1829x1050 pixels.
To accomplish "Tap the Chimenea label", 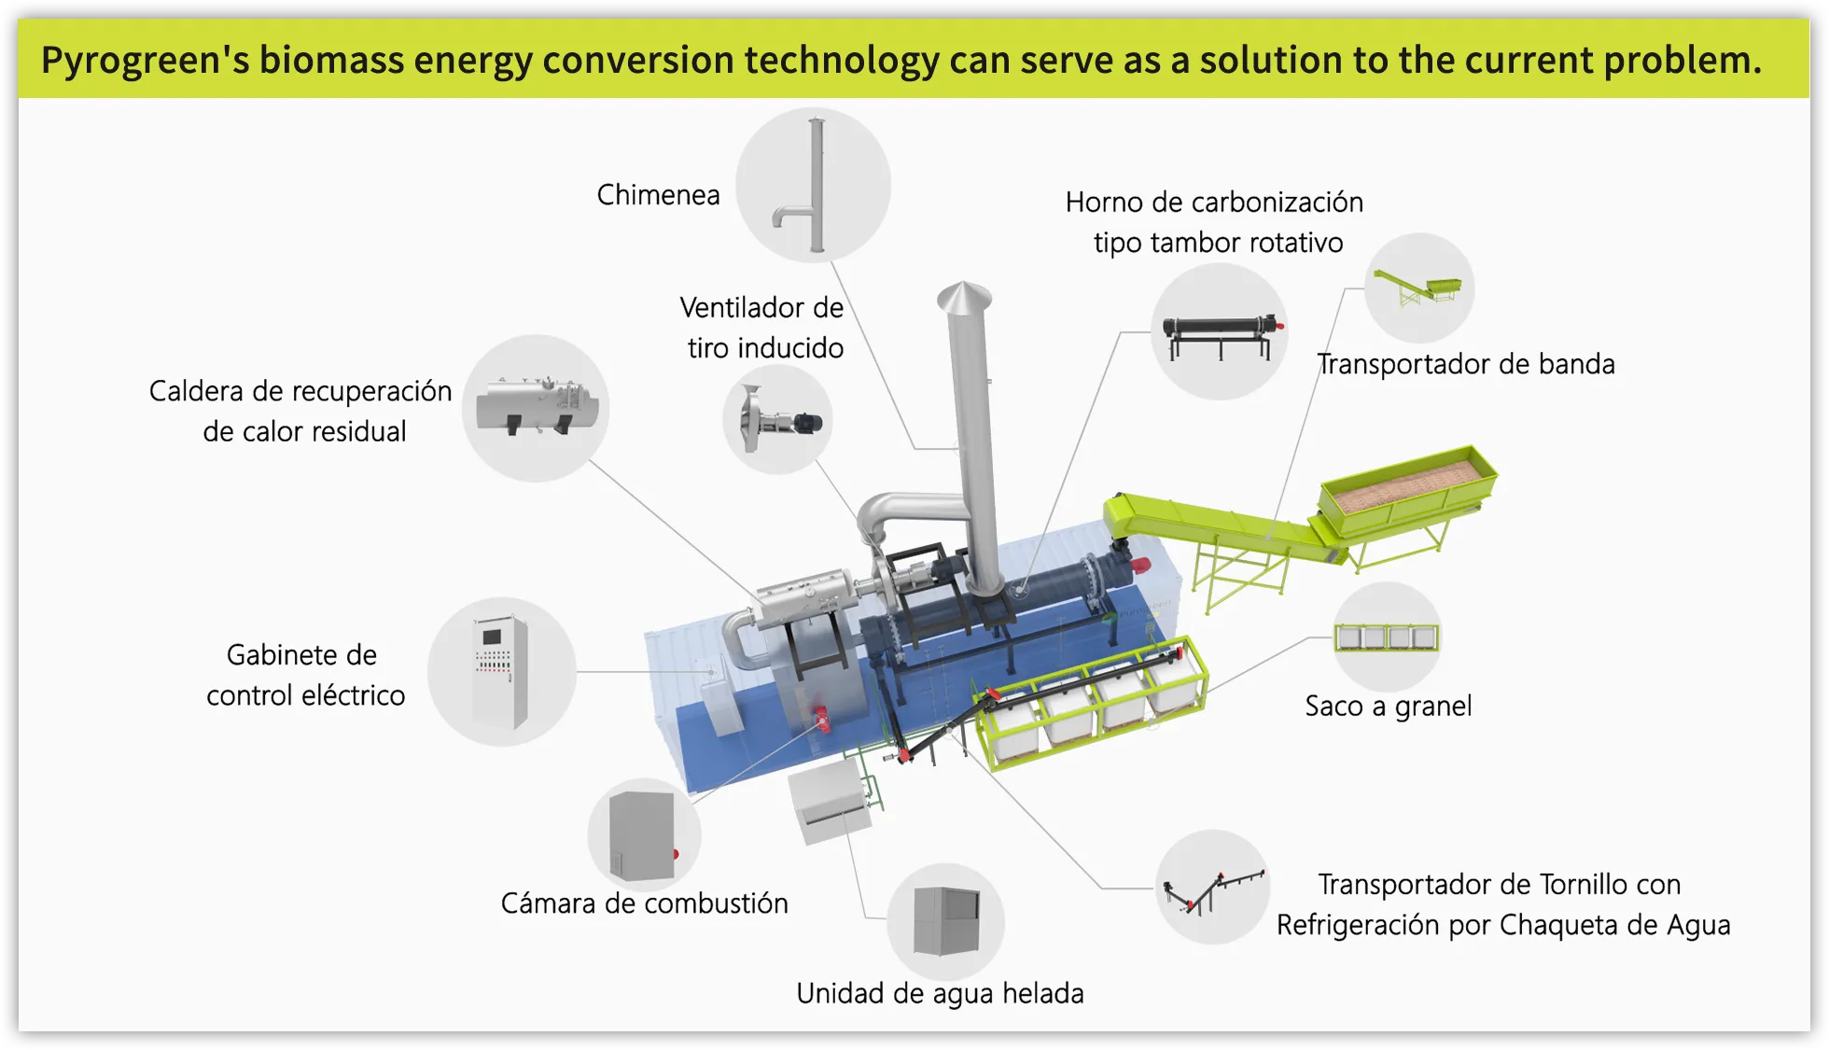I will pyautogui.click(x=658, y=195).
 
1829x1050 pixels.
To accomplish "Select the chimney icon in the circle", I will pyautogui.click(x=813, y=185).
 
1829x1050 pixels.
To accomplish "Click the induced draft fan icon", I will pyautogui.click(x=777, y=420).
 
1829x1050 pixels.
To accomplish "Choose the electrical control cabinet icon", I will pyautogui.click(x=501, y=671).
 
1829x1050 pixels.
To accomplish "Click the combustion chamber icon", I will pyautogui.click(x=643, y=835).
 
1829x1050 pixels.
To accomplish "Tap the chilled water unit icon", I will pyautogui.click(x=945, y=921).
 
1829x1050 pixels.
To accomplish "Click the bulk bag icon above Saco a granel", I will pyautogui.click(x=1387, y=637).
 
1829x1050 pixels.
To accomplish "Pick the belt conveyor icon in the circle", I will pyautogui.click(x=1418, y=287).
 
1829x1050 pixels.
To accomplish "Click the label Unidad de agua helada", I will pyautogui.click(x=940, y=994).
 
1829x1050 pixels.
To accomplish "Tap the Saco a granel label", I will pyautogui.click(x=1388, y=707).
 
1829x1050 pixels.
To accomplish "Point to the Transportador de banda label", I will pyautogui.click(x=1465, y=364).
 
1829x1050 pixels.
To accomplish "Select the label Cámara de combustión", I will pyautogui.click(x=644, y=903).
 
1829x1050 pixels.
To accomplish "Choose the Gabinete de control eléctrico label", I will pyautogui.click(x=304, y=675).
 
